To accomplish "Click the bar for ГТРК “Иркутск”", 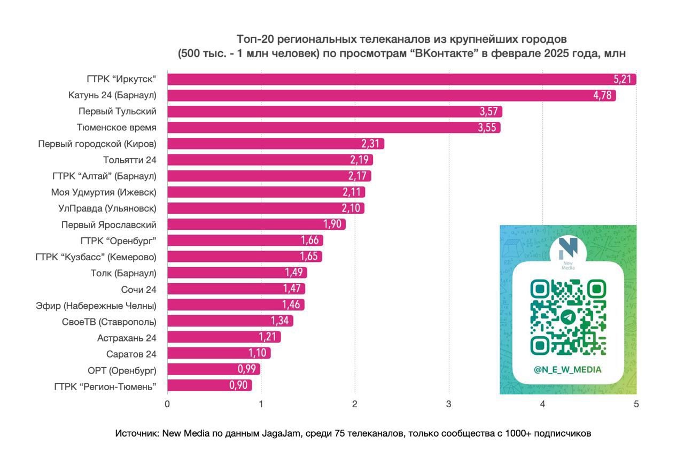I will click(401, 80).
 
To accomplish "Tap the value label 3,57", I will click(488, 112).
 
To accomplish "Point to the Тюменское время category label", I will click(116, 128).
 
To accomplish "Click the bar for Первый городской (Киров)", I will click(275, 144).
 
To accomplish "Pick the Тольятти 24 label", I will click(130, 160).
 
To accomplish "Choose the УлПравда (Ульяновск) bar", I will click(266, 208).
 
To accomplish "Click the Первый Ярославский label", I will click(109, 224).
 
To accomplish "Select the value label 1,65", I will click(308, 257).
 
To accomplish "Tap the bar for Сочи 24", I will click(236, 289).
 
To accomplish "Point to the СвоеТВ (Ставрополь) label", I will click(109, 322).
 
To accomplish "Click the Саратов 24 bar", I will click(219, 353).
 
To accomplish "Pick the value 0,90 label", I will click(238, 385).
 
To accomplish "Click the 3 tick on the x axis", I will click(449, 405).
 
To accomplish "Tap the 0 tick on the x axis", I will click(167, 405).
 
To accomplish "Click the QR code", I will click(568, 317).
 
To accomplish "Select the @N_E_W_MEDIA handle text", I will click(568, 369).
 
